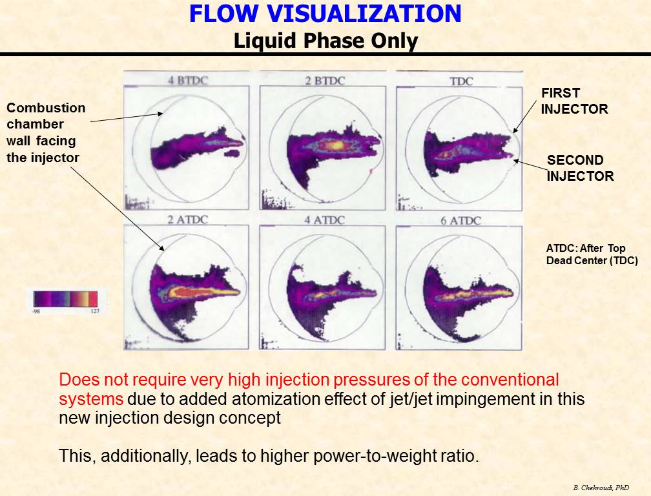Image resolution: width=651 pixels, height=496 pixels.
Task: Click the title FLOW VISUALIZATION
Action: click(x=325, y=14)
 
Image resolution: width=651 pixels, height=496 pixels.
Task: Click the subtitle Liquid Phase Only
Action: click(x=325, y=41)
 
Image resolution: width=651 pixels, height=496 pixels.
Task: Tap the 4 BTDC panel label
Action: click(x=188, y=80)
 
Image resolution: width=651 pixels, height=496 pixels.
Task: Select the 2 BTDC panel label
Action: click(x=325, y=81)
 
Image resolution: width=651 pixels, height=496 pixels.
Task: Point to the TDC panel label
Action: click(x=461, y=81)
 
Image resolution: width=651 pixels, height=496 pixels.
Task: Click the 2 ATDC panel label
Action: click(x=187, y=219)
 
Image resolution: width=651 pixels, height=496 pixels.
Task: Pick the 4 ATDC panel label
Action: click(x=324, y=220)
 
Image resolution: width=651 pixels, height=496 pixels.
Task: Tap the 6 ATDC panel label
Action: click(x=460, y=220)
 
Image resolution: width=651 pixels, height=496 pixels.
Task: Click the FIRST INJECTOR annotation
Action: click(x=574, y=101)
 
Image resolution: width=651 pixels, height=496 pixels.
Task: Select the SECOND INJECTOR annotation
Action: click(x=580, y=168)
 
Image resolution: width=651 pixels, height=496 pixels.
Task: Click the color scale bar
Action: click(x=66, y=298)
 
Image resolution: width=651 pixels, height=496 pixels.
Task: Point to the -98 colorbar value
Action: click(x=36, y=311)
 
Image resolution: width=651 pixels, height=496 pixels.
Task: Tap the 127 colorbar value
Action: click(x=95, y=311)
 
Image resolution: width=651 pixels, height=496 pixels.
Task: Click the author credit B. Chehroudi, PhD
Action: click(x=601, y=488)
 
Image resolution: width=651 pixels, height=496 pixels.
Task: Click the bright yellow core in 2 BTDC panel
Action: click(x=336, y=146)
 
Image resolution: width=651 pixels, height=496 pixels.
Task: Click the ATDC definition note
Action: click(x=592, y=254)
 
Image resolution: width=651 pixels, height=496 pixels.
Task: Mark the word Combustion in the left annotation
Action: click(x=46, y=108)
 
